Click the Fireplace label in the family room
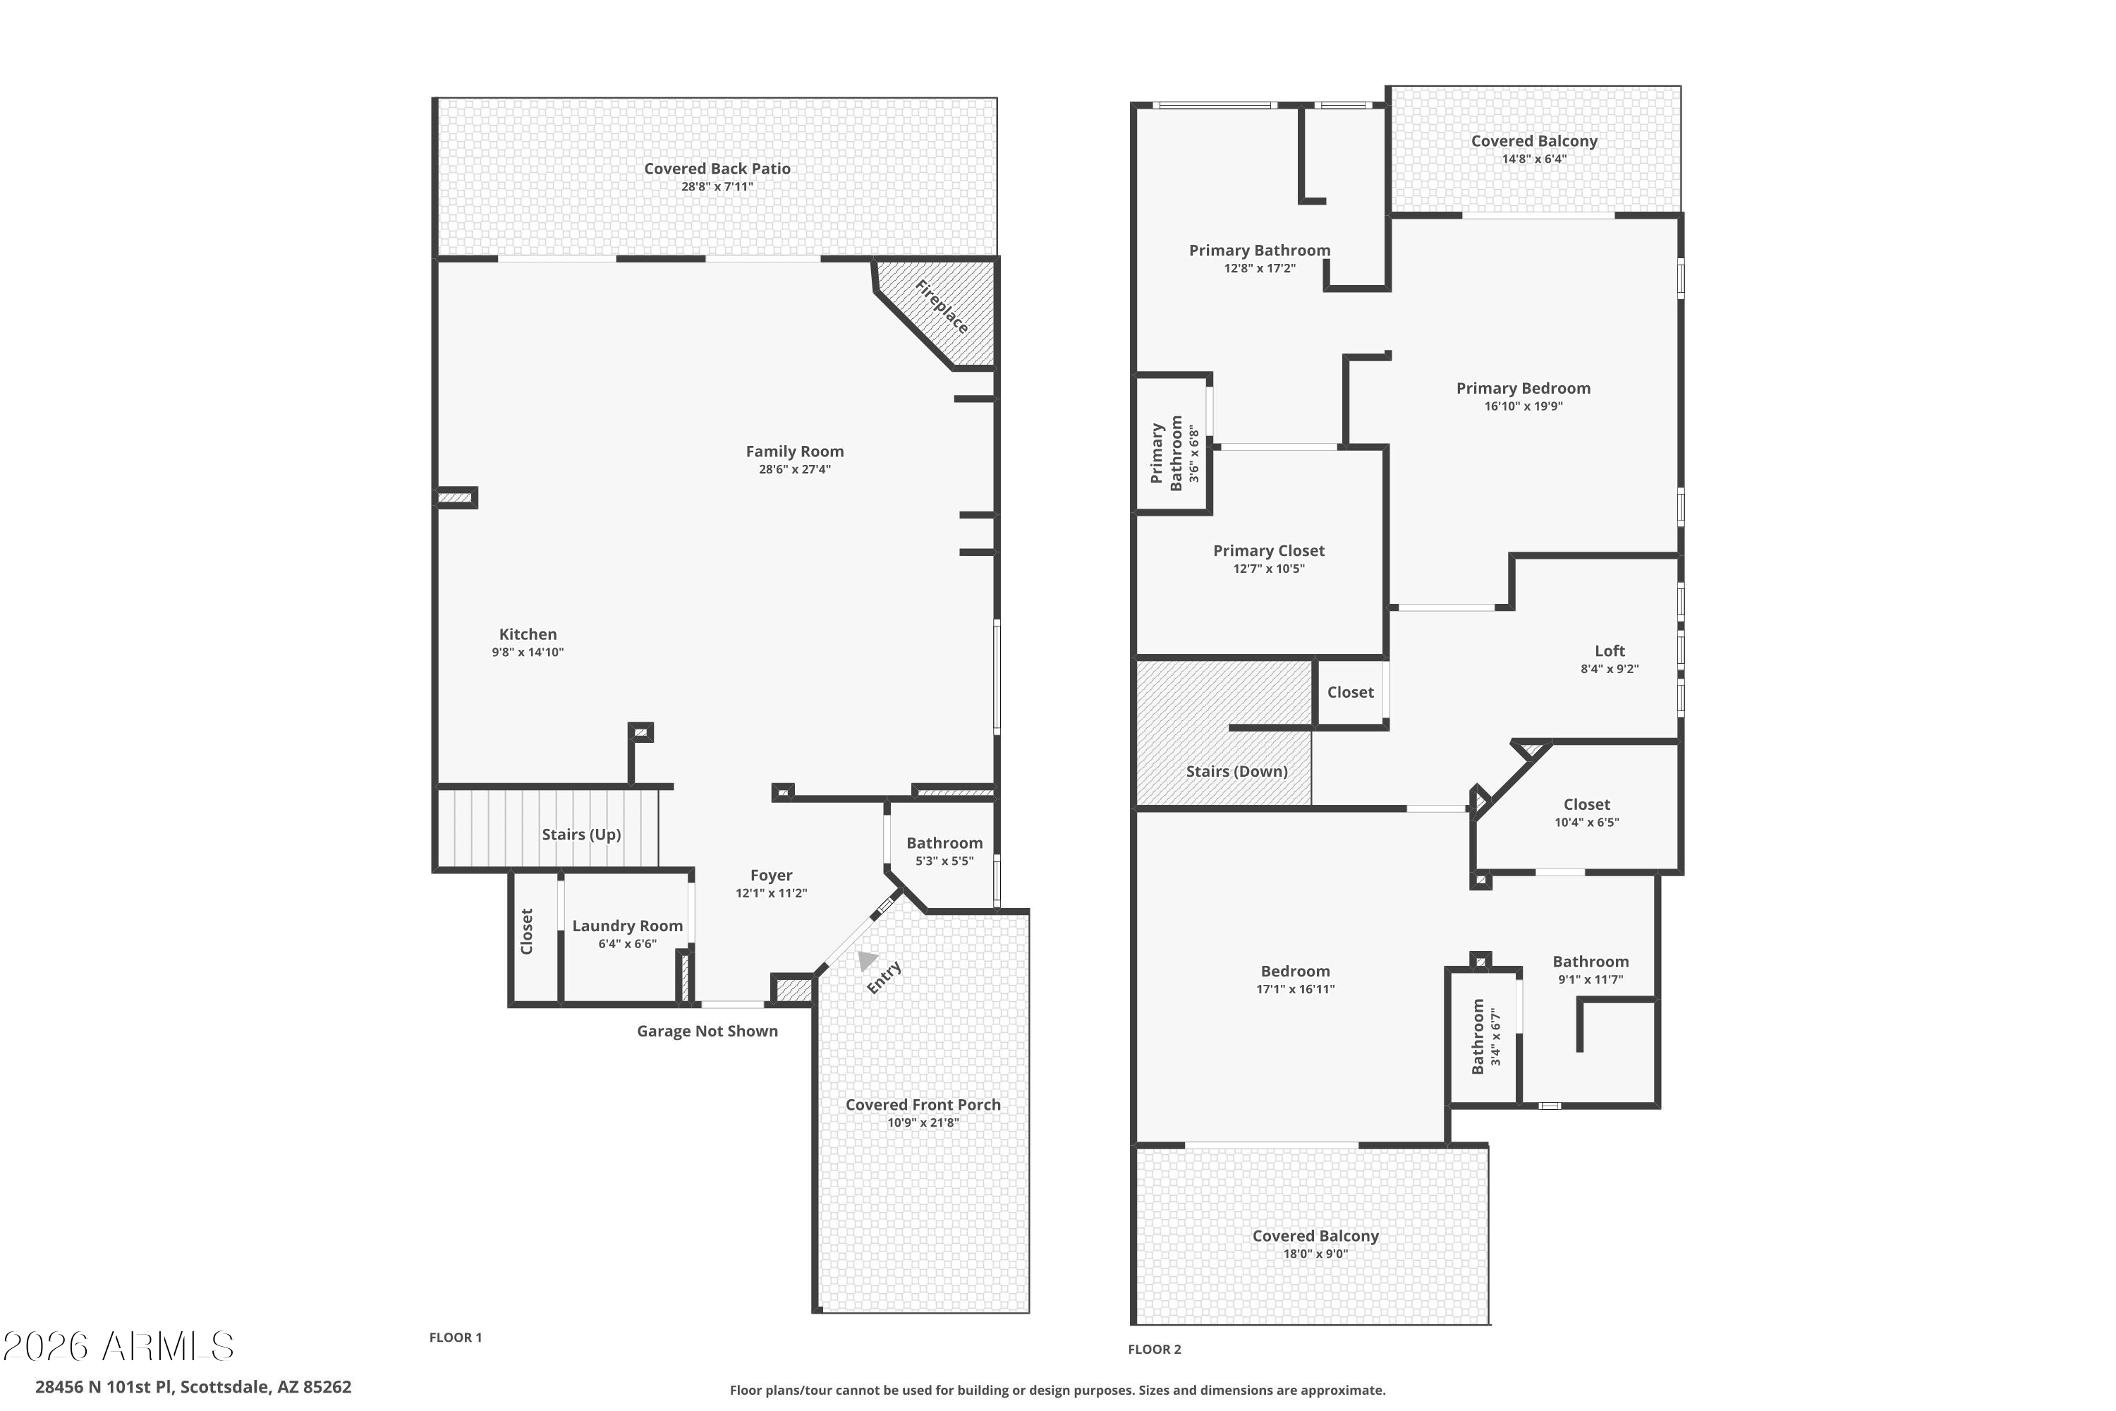point(941,307)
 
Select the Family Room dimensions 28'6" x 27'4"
point(794,470)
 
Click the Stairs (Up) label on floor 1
point(581,834)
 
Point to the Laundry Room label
point(627,926)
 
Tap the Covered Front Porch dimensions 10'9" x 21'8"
point(923,1123)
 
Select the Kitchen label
point(528,634)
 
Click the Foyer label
point(771,876)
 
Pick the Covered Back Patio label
point(717,169)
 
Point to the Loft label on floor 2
point(1610,650)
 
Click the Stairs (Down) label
point(1236,771)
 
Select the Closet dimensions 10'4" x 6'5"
point(1586,823)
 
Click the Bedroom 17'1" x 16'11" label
point(1294,971)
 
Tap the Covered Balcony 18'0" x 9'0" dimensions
point(1315,1254)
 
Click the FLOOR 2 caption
point(1154,1349)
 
